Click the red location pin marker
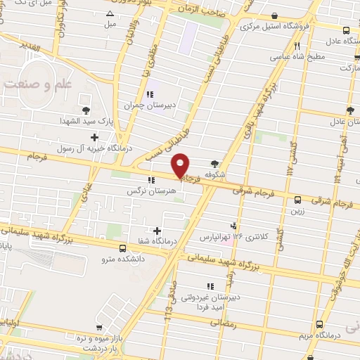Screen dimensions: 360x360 click(181, 165)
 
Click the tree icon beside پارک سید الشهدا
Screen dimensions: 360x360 click(86, 110)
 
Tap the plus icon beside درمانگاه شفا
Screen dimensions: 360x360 click(156, 230)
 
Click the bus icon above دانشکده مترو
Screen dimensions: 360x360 click(123, 248)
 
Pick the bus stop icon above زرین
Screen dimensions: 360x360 click(298, 200)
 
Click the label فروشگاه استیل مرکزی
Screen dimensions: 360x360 click(271, 27)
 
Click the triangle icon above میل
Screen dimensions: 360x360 click(110, 13)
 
